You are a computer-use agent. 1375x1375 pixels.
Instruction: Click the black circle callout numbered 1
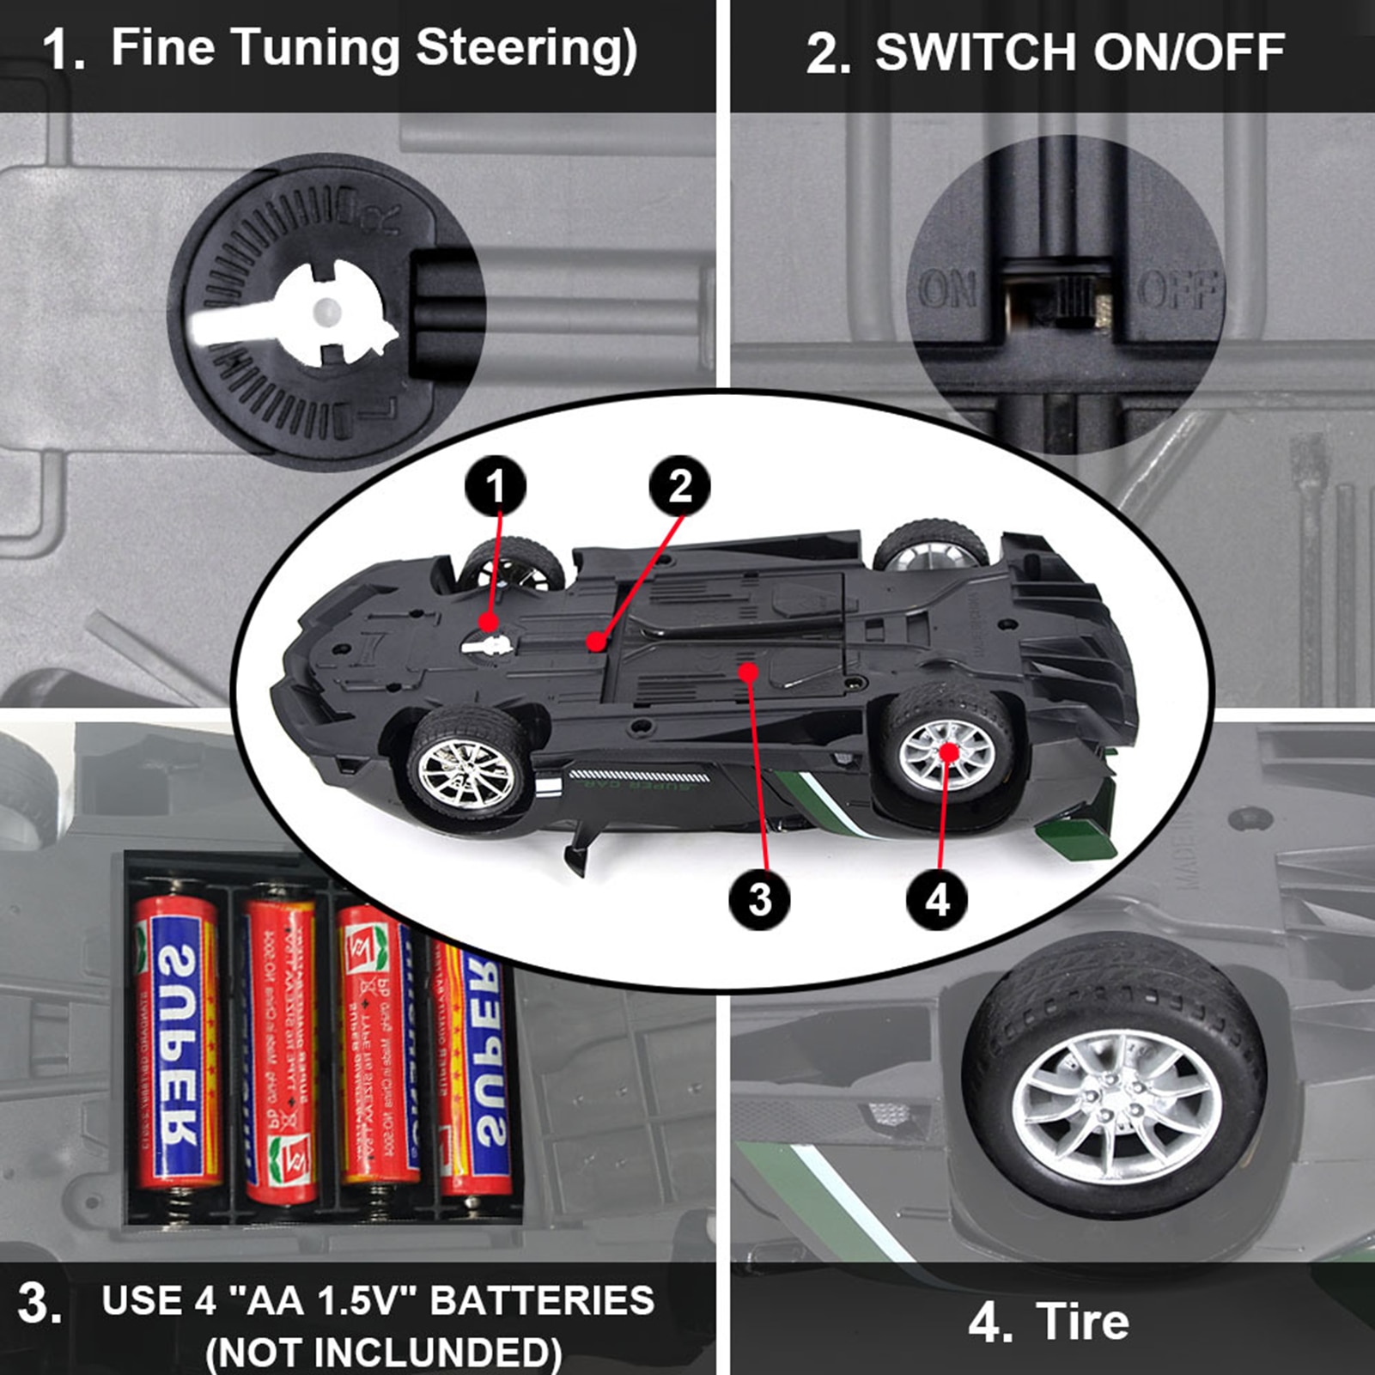click(x=496, y=486)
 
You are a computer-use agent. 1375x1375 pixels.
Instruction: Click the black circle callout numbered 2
click(x=679, y=485)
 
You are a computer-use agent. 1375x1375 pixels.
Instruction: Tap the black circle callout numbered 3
click(x=759, y=899)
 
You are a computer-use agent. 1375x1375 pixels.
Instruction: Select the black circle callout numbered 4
click(x=937, y=900)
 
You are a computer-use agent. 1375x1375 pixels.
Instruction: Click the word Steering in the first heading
click(x=526, y=48)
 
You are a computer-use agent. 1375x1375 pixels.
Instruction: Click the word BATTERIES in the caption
click(x=542, y=1300)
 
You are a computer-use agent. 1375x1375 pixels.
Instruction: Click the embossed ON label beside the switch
click(x=947, y=289)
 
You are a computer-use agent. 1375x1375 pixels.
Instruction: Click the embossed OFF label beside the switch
click(x=1178, y=289)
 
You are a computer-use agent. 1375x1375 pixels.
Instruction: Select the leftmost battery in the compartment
click(x=178, y=1039)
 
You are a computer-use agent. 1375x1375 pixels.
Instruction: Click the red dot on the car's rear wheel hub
click(x=948, y=751)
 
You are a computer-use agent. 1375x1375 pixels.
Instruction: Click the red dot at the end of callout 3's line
click(x=750, y=672)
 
